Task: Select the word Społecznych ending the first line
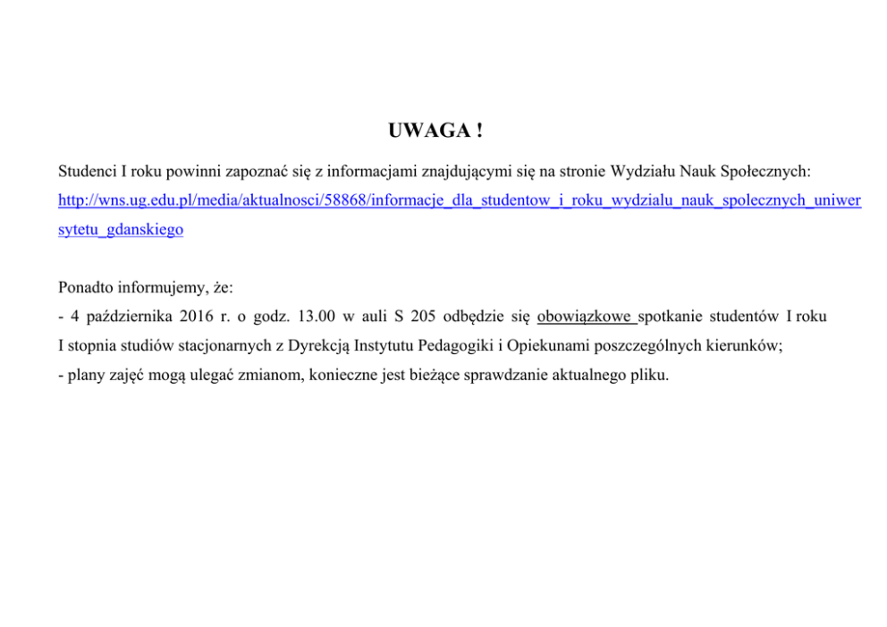[x=768, y=170]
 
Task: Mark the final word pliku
[x=648, y=374]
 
